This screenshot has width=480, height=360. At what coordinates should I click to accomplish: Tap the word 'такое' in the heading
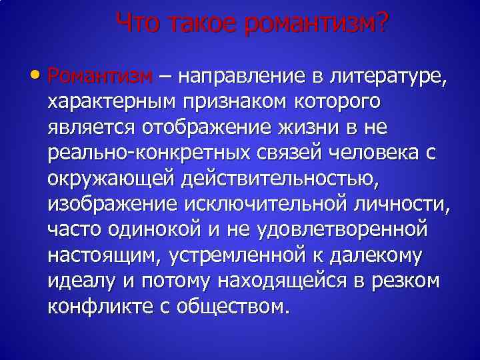[199, 23]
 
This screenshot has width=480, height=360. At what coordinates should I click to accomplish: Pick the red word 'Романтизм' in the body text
[101, 76]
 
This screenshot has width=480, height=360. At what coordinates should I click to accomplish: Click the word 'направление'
[243, 76]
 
